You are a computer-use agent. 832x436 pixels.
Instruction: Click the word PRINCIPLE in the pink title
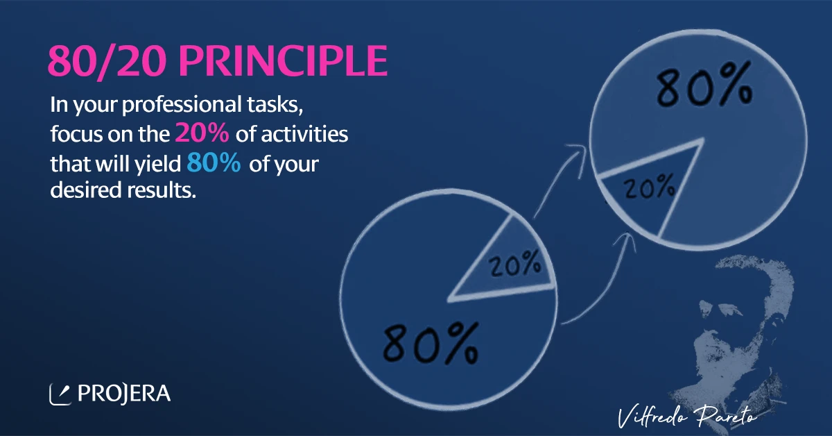(x=283, y=61)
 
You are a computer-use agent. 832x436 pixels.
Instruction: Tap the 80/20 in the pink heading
(x=107, y=61)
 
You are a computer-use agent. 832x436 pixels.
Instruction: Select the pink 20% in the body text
(x=202, y=133)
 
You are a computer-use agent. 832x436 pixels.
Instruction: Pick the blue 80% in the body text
(x=214, y=162)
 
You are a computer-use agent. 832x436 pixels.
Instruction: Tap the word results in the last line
(x=162, y=190)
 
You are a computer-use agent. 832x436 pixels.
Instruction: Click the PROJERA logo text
(x=124, y=394)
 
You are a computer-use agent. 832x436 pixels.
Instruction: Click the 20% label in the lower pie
(x=514, y=264)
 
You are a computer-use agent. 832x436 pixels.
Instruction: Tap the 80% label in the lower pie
(x=431, y=344)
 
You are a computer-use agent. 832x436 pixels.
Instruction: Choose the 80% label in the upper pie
(x=704, y=85)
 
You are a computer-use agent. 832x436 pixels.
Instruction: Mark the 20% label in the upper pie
(x=649, y=186)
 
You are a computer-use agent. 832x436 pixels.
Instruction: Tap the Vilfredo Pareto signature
(x=687, y=417)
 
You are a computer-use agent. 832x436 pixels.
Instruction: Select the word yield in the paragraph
(x=158, y=164)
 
